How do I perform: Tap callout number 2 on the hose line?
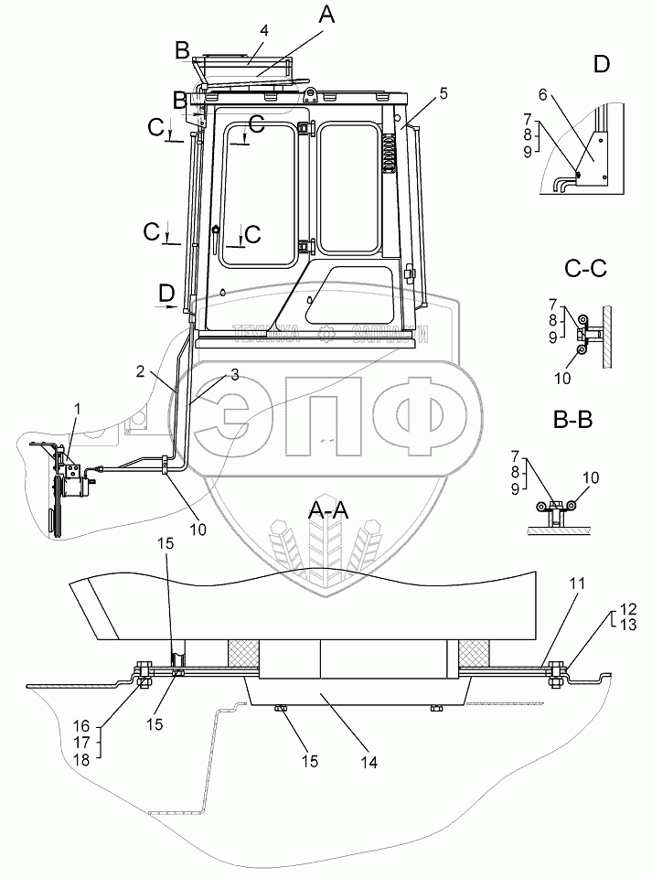pos(140,371)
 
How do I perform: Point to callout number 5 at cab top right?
pos(444,92)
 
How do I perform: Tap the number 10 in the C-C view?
pos(589,377)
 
